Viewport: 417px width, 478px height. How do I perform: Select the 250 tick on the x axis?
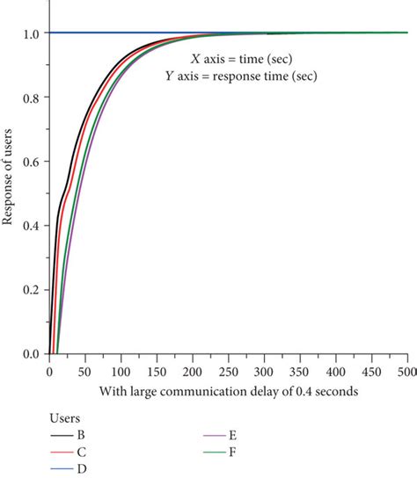click(228, 372)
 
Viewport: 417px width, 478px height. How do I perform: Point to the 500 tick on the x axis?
click(407, 372)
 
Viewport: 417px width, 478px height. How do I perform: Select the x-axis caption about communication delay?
click(228, 391)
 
